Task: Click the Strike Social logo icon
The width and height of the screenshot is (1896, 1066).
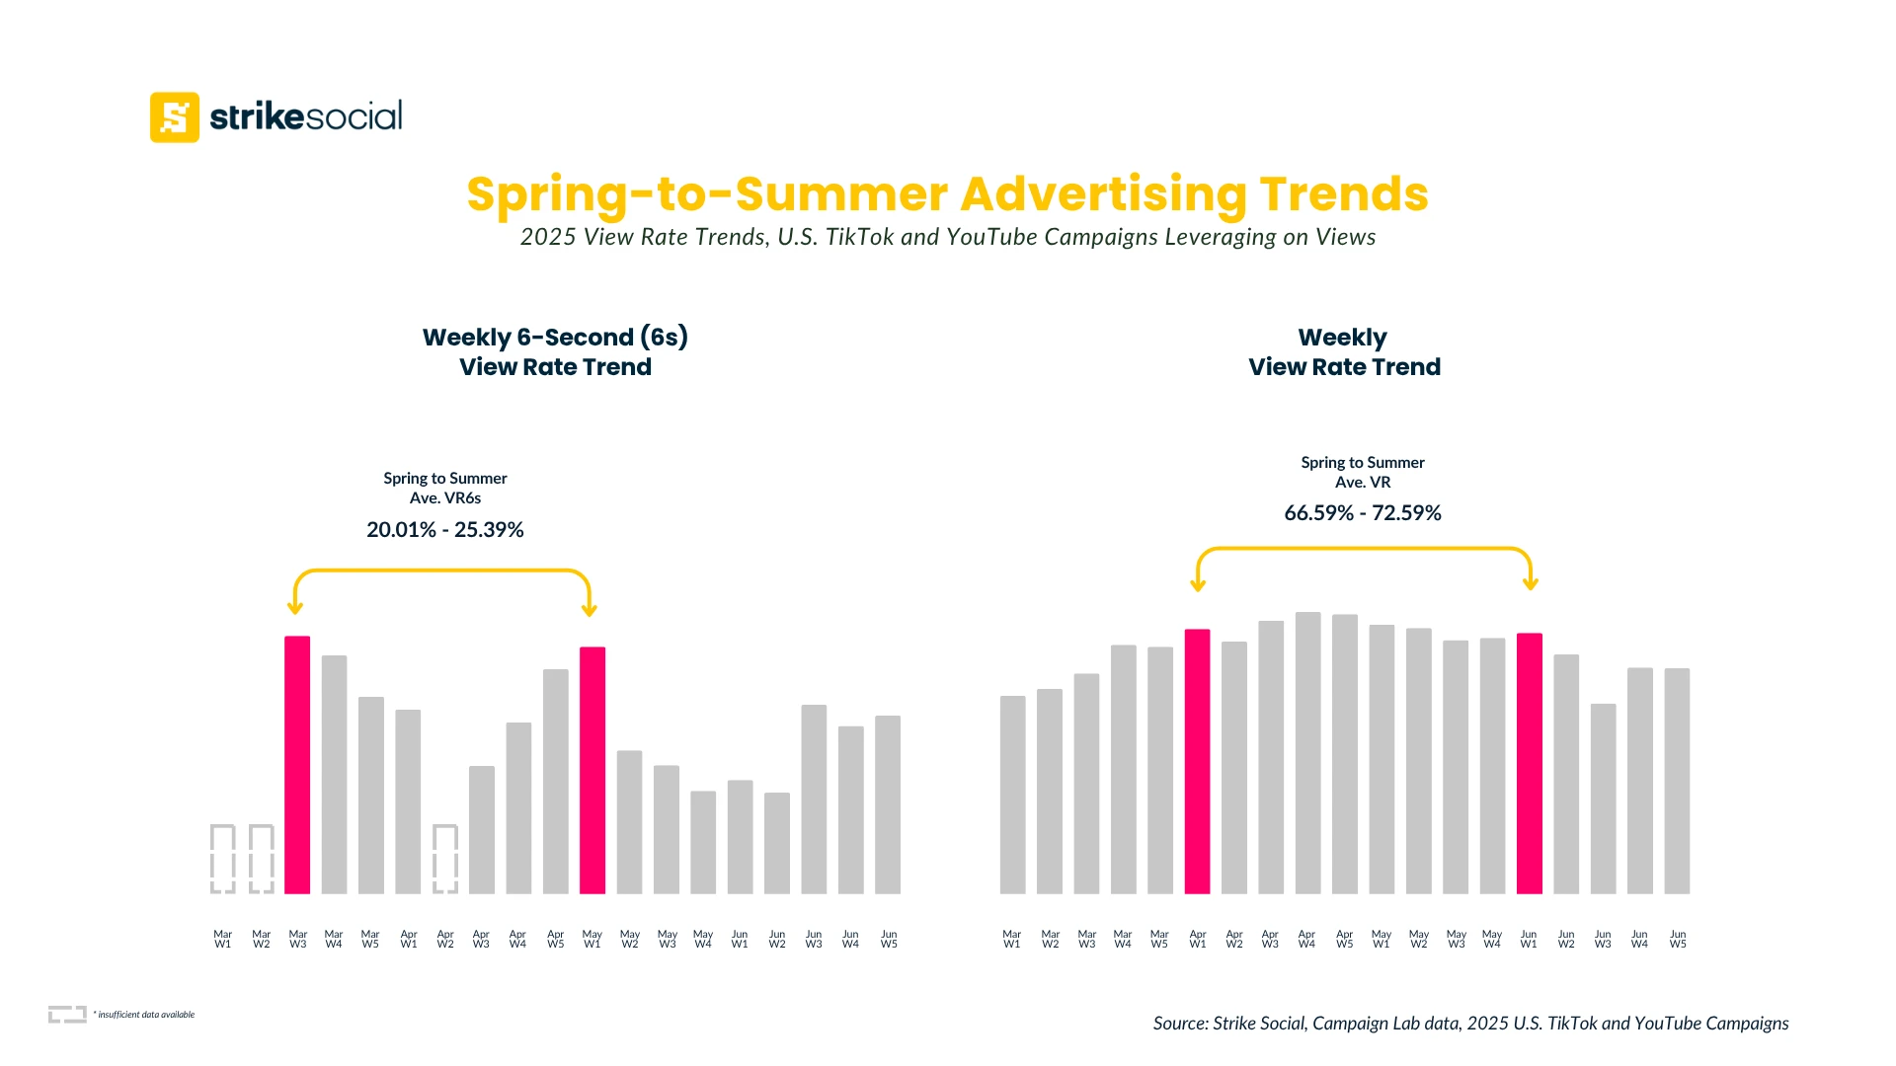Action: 175,117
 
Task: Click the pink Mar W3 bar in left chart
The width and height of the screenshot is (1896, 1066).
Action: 297,765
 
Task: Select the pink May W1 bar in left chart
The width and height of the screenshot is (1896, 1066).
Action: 592,770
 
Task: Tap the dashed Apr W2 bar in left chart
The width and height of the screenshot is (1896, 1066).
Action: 445,859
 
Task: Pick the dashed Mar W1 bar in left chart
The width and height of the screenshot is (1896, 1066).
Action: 223,859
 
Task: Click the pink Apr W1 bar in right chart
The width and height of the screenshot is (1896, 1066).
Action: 1197,761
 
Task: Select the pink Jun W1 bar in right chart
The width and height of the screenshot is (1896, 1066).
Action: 1529,763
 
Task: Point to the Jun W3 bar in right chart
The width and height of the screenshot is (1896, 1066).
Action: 1603,799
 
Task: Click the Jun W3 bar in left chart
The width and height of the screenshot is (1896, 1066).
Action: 814,799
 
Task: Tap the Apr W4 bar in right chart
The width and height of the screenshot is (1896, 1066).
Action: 1307,752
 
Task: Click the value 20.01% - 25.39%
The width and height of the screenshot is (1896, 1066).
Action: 445,530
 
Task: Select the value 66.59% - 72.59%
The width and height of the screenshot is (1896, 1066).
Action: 1363,513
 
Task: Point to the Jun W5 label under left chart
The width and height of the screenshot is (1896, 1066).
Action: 889,939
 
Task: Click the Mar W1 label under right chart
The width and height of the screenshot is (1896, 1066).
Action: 1012,939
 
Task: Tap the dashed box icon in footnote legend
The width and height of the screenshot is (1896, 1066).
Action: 67,1014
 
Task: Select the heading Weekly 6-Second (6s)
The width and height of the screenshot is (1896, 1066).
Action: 555,338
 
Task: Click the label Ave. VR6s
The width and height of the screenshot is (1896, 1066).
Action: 445,498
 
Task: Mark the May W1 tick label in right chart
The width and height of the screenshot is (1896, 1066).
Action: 1382,939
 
